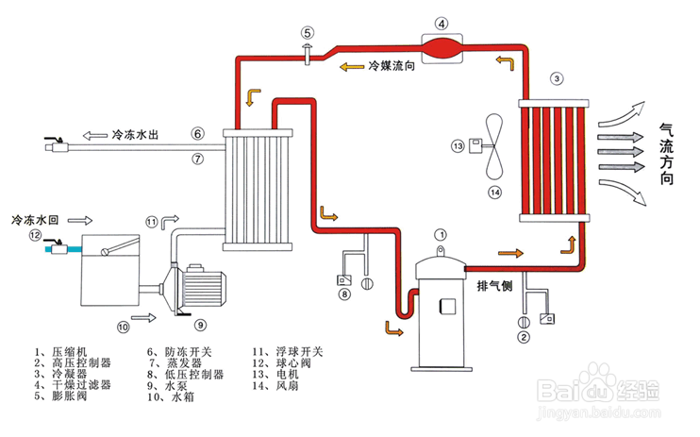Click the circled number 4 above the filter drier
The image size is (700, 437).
[x=444, y=23]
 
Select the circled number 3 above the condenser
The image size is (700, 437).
[x=558, y=77]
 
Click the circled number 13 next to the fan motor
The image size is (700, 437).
[x=458, y=146]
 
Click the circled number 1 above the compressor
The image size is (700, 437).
[x=439, y=233]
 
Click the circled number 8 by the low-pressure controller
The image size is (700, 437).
[x=345, y=294]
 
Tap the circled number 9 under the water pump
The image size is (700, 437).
[x=200, y=325]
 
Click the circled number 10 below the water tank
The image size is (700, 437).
[x=123, y=327]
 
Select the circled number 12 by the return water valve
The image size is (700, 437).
[x=36, y=236]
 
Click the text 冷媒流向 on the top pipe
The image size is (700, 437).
[x=389, y=67]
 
